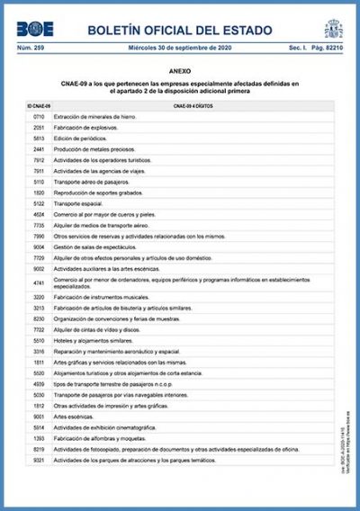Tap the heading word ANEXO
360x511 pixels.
179,68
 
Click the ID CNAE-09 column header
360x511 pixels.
39,106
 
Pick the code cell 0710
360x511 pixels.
39,118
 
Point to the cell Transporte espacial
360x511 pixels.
80,203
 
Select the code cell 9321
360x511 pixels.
39,460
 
